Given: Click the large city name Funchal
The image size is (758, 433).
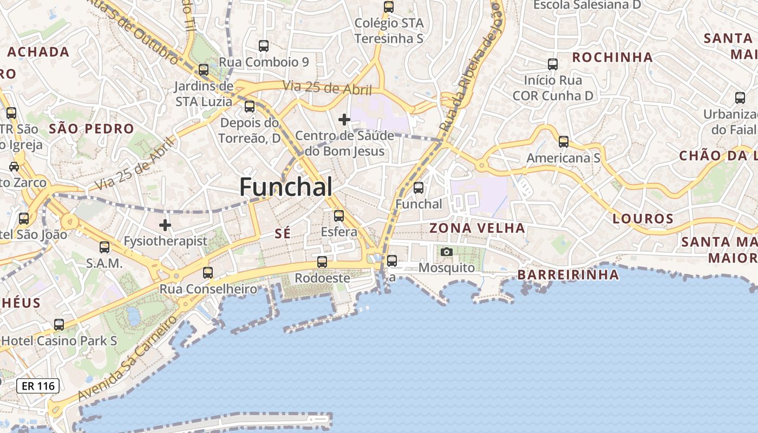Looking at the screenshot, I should click(x=286, y=187).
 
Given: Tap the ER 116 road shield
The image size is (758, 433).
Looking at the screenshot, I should click(x=38, y=386).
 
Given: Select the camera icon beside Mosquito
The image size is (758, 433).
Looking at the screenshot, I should click(x=447, y=252).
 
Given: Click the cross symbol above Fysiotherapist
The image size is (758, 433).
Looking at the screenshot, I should click(x=165, y=225).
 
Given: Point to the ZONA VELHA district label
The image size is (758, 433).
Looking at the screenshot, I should click(x=477, y=228).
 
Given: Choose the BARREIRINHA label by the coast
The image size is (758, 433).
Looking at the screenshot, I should click(x=568, y=274).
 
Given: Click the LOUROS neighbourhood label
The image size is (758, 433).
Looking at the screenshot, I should click(x=643, y=219).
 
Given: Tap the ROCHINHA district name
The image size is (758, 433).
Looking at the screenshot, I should click(x=612, y=57).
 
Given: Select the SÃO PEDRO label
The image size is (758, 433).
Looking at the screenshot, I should click(x=91, y=128).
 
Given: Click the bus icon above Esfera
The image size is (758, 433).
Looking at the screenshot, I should click(x=339, y=216).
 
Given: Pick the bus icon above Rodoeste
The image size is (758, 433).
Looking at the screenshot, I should click(x=322, y=262).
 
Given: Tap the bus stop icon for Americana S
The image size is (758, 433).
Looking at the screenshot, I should click(x=564, y=142).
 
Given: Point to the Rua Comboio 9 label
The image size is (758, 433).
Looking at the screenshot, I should click(x=264, y=62).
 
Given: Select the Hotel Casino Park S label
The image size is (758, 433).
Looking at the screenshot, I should click(x=60, y=340).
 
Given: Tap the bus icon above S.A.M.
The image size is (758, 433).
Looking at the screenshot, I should click(x=104, y=247).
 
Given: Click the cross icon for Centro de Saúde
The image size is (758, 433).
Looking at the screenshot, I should click(x=344, y=120).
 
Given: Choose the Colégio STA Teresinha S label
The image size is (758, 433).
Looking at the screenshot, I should click(x=389, y=31).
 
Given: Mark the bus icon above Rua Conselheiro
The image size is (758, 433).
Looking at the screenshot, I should click(x=208, y=273).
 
